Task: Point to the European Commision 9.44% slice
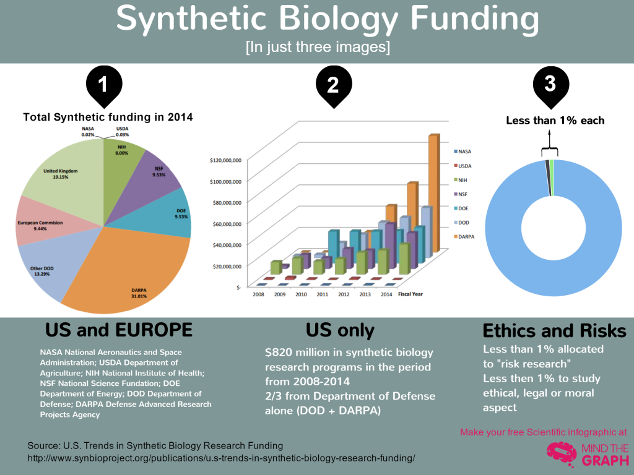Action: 37,220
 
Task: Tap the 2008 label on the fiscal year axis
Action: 258,294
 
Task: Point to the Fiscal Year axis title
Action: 410,294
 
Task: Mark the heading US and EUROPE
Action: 119,329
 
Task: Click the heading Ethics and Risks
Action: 554,330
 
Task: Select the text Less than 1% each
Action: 555,121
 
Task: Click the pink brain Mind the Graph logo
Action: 561,453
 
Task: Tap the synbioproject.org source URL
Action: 221,458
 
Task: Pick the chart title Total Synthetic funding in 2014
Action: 108,116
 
